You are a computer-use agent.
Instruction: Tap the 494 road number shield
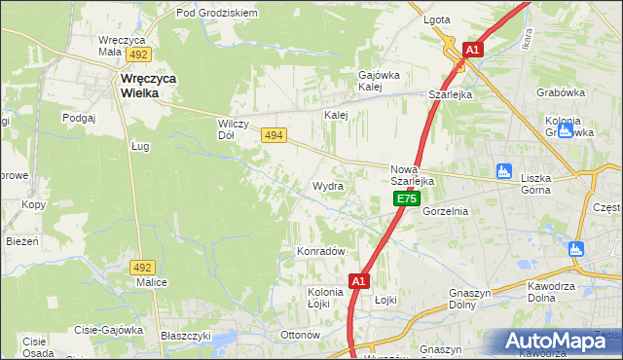274,139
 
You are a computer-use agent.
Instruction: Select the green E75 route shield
407,198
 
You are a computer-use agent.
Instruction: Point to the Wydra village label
326,185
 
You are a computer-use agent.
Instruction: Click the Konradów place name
321,251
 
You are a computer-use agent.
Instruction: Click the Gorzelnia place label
447,211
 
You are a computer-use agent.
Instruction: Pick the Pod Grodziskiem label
216,13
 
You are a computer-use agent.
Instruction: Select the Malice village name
151,282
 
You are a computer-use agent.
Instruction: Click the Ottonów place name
300,335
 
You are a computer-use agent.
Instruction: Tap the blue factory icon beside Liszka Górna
503,171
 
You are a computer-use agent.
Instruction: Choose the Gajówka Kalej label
380,81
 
